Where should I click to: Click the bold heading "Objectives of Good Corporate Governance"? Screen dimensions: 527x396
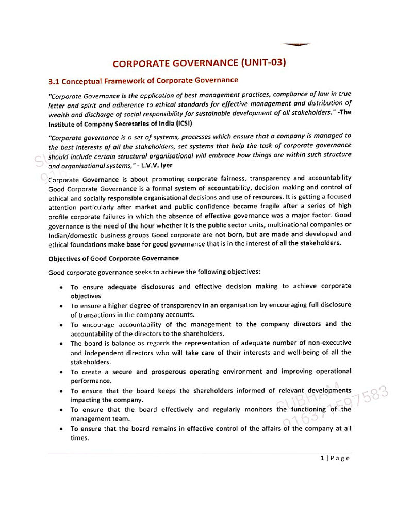[113, 258]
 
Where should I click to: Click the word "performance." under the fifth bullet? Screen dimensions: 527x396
[91, 381]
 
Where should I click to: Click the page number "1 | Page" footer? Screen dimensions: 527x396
[335, 458]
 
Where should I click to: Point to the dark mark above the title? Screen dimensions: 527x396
[296, 45]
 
